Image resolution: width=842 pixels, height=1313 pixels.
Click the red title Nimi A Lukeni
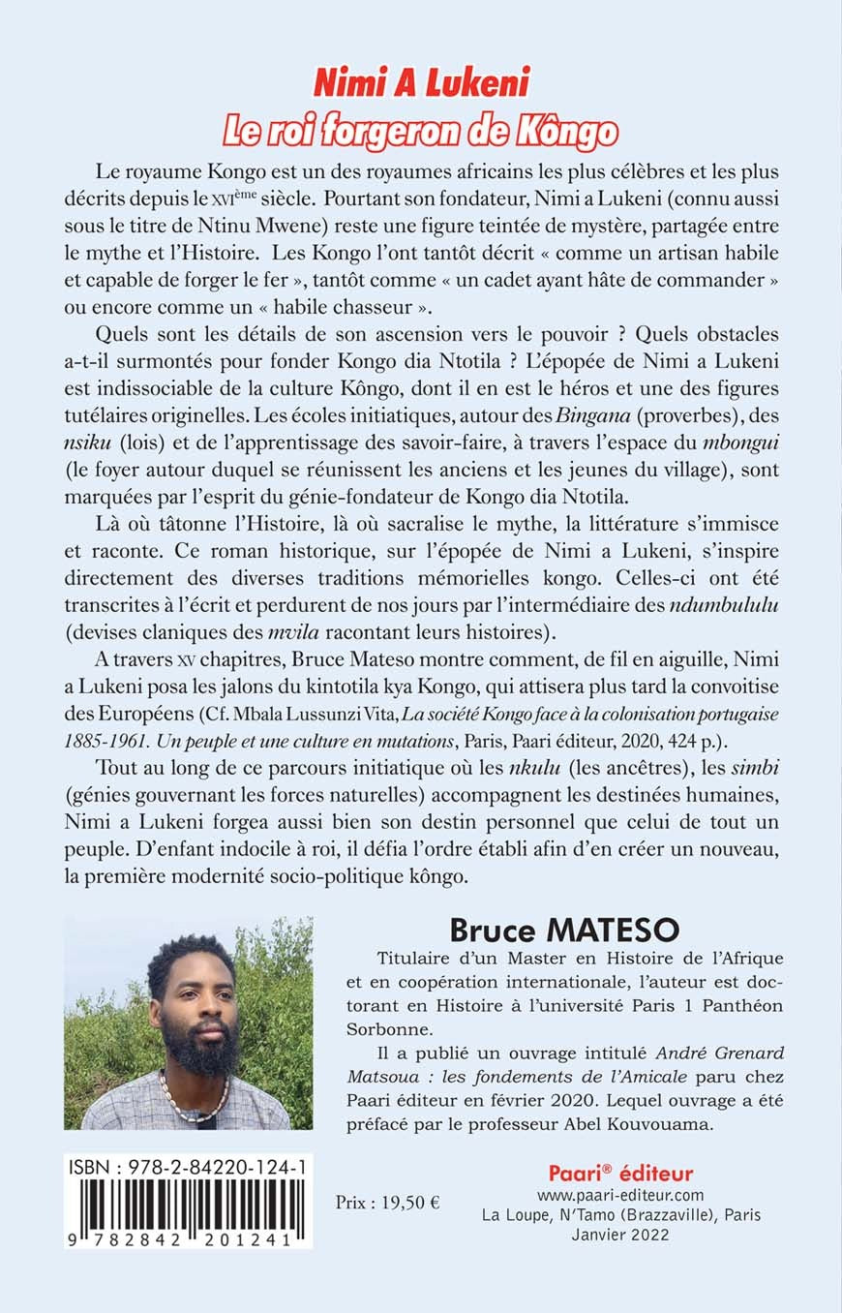(x=420, y=84)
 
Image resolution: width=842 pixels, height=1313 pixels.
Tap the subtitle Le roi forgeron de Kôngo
(x=420, y=130)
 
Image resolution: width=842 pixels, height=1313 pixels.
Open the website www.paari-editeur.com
(x=620, y=1195)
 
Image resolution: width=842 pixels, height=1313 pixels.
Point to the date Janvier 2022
(x=620, y=1235)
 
